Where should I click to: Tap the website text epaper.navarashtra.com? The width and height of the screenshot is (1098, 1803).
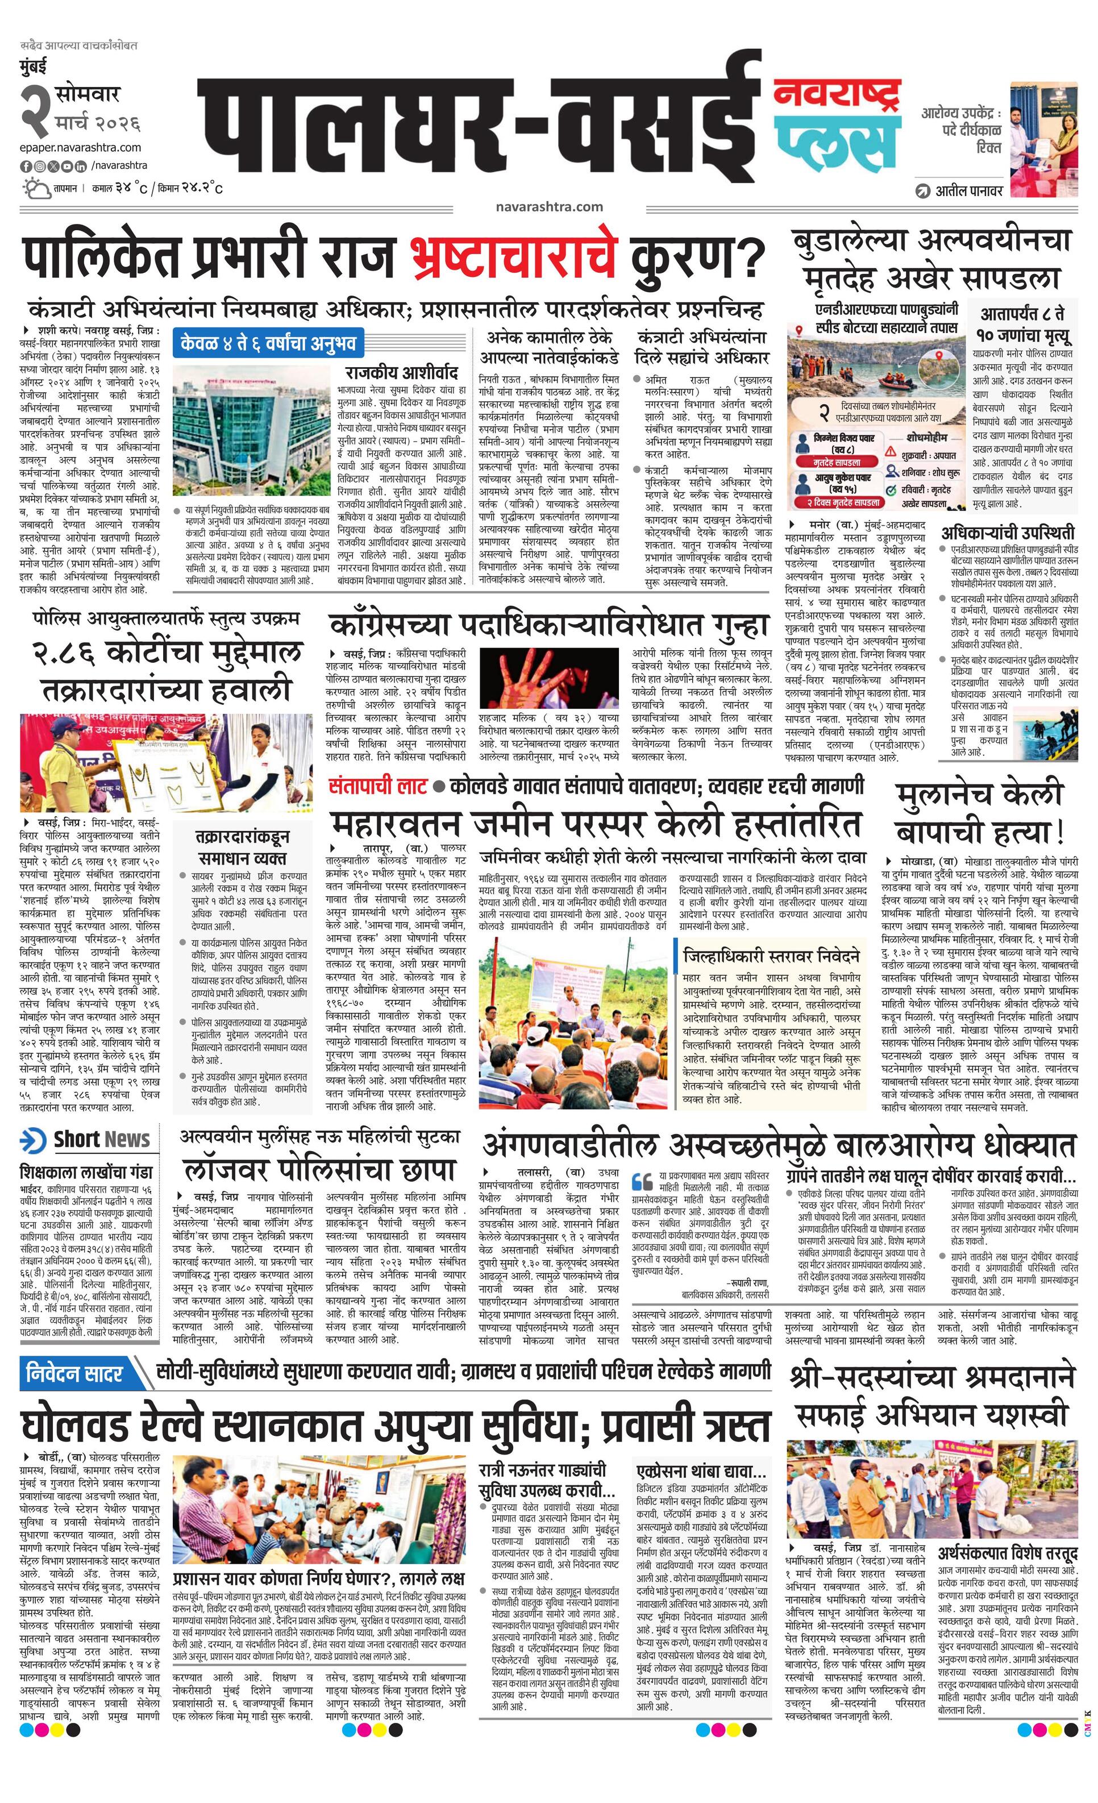(x=81, y=147)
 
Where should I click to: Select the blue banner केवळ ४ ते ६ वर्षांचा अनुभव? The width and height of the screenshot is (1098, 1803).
(x=268, y=342)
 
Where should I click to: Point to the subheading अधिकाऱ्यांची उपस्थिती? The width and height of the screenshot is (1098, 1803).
(x=1007, y=532)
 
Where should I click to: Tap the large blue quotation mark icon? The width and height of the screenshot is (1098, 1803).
(x=642, y=1180)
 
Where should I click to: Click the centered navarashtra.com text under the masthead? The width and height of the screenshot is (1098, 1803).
(x=548, y=206)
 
